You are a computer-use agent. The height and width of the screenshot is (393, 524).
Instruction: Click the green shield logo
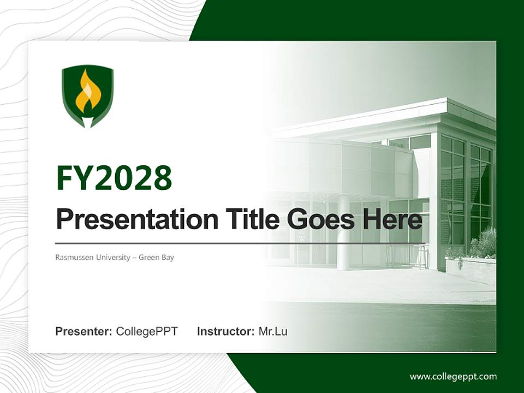click(x=87, y=96)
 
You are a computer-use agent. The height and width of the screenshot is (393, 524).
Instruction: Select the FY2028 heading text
click(x=114, y=178)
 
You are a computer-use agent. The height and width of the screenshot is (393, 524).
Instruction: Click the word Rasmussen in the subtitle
click(x=73, y=257)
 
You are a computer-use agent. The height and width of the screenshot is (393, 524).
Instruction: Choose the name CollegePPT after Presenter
click(x=147, y=331)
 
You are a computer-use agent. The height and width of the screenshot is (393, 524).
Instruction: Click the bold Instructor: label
click(x=225, y=331)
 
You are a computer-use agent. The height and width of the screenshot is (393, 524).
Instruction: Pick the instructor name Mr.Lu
click(x=273, y=331)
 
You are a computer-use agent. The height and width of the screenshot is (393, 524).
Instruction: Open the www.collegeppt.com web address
click(x=453, y=376)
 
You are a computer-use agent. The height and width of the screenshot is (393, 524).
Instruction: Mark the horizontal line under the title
click(x=240, y=243)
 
